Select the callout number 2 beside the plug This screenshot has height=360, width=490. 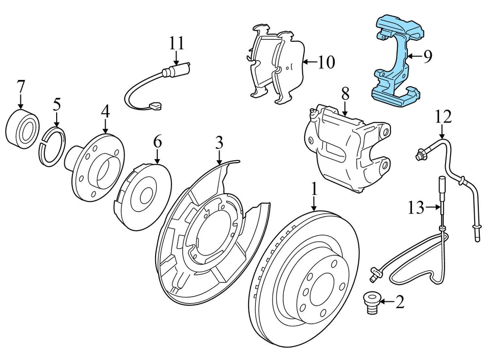(x=400, y=303)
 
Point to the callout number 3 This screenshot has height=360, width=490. (x=219, y=142)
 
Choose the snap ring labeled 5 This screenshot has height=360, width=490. (x=53, y=147)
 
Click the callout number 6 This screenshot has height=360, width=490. (x=157, y=141)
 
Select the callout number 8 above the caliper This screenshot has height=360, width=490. (x=346, y=93)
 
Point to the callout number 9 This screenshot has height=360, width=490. (x=427, y=56)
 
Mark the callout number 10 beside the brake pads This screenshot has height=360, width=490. (x=326, y=62)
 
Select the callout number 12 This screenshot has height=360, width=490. (x=443, y=117)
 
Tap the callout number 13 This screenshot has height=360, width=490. (x=416, y=207)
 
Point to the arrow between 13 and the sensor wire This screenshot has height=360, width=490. (x=433, y=207)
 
